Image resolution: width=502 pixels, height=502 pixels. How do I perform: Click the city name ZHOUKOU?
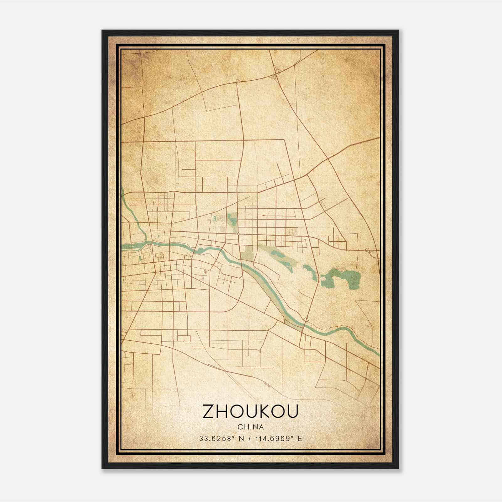click(250, 411)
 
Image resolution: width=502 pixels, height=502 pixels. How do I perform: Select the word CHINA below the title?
click(250, 427)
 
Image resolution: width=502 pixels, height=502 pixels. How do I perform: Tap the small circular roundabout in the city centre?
click(238, 234)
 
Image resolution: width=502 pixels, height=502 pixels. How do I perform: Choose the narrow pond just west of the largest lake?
click(310, 272)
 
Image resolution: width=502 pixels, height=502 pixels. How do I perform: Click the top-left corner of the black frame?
click(103, 31)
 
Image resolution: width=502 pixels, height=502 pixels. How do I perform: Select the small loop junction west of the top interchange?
click(238, 81)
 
